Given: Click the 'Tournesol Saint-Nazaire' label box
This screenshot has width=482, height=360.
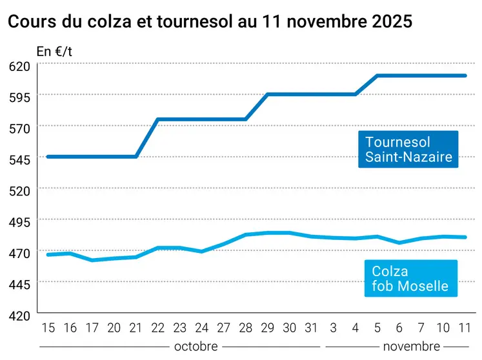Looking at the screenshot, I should click(x=408, y=149).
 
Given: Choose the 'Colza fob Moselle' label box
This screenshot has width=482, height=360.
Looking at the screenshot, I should click(x=410, y=278).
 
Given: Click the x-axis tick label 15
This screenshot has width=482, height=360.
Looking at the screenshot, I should click(x=48, y=328).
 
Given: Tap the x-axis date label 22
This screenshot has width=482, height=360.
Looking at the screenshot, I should click(x=157, y=328).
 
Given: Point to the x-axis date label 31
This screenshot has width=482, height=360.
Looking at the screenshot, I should click(x=311, y=328).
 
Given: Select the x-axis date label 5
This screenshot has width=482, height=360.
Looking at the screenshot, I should click(x=377, y=328).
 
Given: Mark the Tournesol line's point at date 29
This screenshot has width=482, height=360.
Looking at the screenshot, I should click(x=267, y=94).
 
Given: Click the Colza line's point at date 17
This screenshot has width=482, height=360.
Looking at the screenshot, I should click(x=92, y=260).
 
